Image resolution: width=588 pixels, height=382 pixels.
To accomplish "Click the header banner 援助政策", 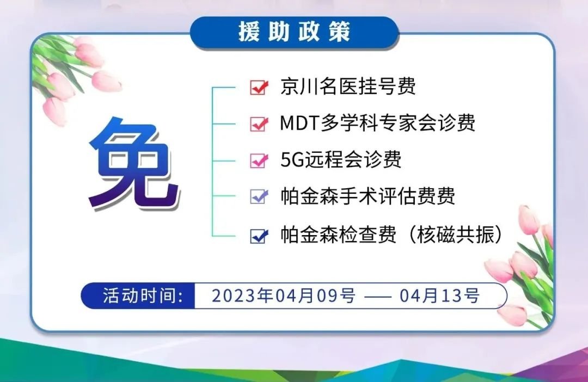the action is click(x=295, y=33).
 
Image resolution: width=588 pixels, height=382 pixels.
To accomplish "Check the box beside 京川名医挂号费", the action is click(x=259, y=88).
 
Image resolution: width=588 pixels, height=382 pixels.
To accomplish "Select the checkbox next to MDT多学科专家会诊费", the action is click(x=259, y=124).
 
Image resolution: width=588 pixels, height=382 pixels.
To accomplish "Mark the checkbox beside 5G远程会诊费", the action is click(x=259, y=161).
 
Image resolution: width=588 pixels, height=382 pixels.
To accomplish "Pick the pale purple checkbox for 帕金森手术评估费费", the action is click(x=259, y=196).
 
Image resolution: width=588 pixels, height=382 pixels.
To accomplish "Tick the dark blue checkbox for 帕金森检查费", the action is click(x=259, y=236).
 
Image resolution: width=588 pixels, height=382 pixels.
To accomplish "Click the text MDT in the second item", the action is click(x=299, y=123).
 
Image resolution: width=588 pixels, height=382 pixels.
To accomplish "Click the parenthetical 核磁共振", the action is click(x=455, y=235).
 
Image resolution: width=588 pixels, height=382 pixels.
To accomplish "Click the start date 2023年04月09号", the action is click(x=284, y=296).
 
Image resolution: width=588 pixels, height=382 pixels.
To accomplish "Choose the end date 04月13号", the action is click(x=439, y=296).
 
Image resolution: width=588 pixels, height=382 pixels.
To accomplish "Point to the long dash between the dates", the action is click(x=378, y=297).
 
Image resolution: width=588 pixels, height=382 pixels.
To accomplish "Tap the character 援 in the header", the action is click(x=249, y=32).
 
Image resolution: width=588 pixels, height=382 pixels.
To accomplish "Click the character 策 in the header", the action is click(x=340, y=32).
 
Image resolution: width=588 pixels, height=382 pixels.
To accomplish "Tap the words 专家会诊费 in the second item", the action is click(x=427, y=123).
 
